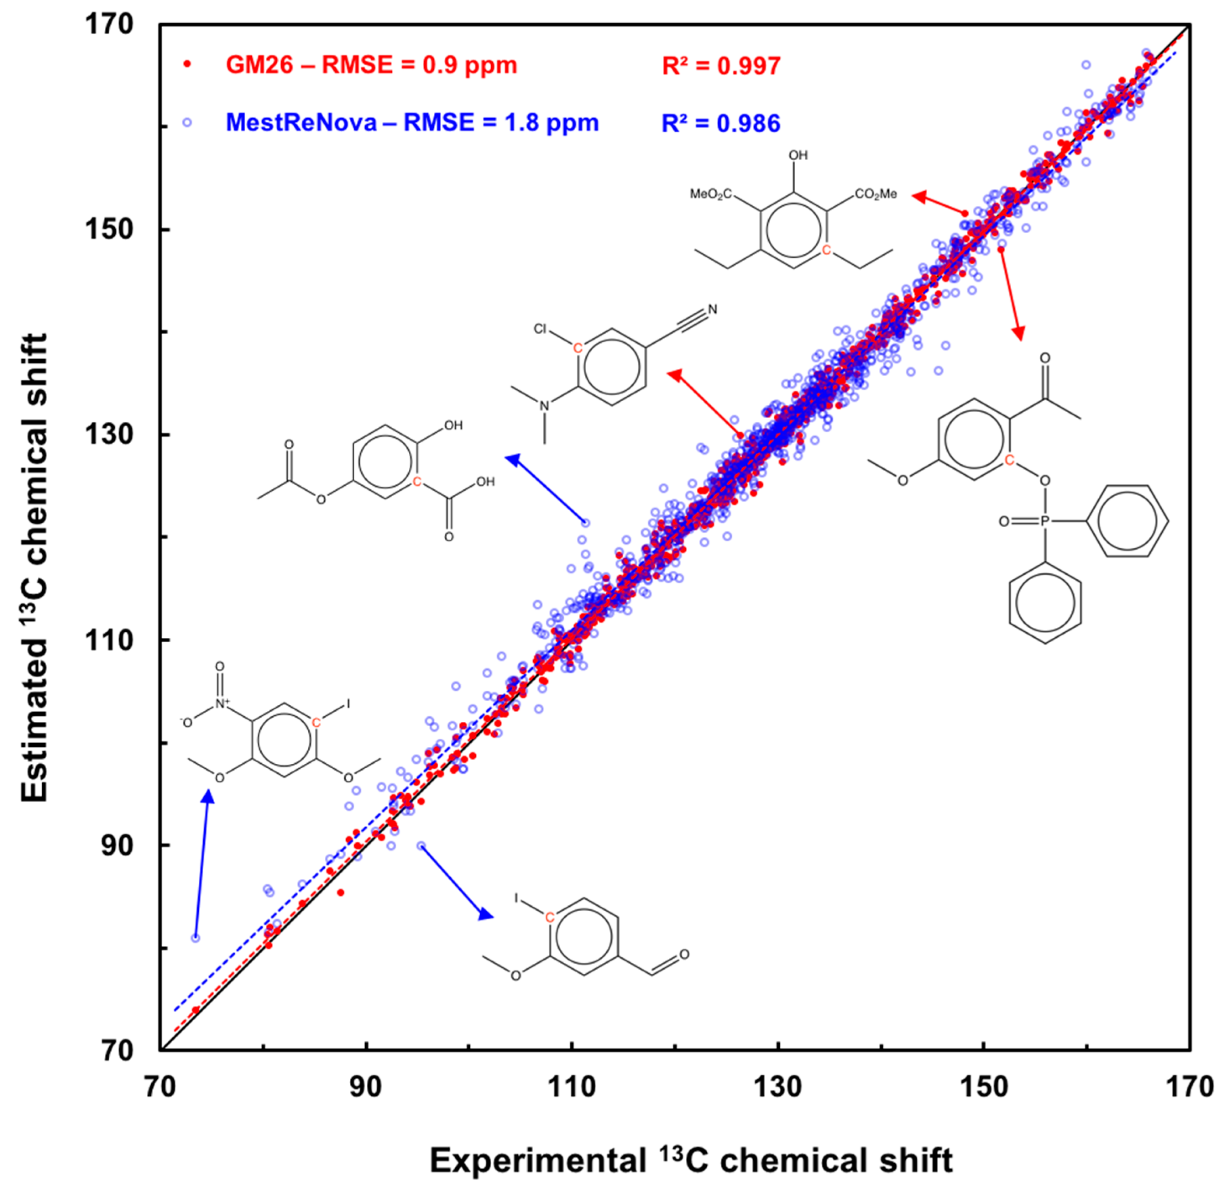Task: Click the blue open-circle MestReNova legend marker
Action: pos(186,123)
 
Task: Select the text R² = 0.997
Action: pos(721,66)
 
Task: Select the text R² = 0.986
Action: pos(721,123)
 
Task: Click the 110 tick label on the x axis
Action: pos(571,1086)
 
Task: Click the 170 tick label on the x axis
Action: pos(1190,1086)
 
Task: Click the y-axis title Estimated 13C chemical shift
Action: pos(35,568)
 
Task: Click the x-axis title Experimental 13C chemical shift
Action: pos(691,1160)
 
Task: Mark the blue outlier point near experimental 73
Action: pos(196,938)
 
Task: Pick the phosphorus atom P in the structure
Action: pos(1044,521)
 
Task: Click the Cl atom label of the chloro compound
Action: pos(540,329)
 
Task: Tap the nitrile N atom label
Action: pos(712,309)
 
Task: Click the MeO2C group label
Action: pos(711,194)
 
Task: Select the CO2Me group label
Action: pos(876,194)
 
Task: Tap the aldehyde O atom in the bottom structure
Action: pos(684,954)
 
